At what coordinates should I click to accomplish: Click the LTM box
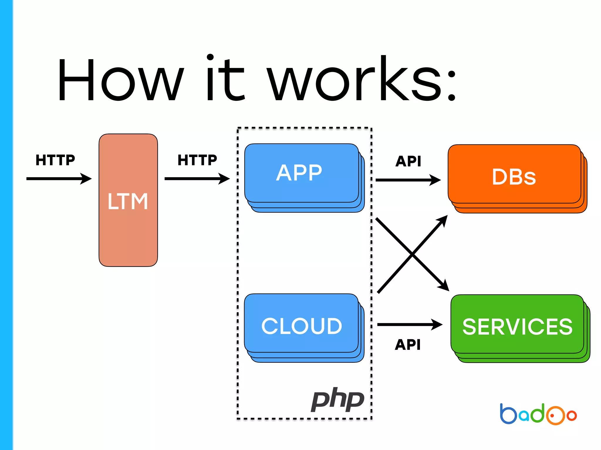128,200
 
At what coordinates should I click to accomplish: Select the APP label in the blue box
299,173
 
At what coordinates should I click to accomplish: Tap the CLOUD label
302,326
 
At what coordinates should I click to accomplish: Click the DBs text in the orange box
514,177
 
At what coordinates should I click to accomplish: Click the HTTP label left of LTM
55,160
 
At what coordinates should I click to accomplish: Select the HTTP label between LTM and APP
197,160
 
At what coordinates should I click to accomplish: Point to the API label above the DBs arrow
408,161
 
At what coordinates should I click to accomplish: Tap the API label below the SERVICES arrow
408,345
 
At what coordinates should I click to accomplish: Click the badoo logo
538,414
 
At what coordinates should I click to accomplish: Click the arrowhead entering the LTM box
87,178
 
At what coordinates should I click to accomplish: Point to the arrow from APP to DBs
408,180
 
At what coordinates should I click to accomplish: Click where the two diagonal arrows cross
412,254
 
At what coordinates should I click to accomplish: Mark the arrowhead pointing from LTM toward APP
224,178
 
